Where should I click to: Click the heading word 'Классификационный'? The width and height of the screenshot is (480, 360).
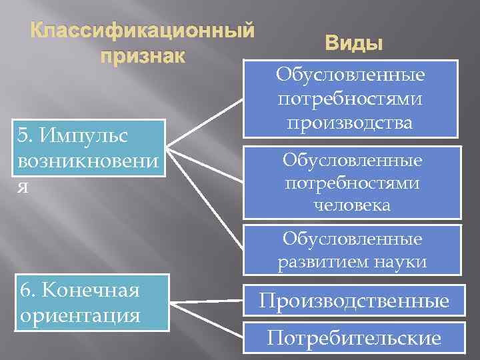coord(143,31)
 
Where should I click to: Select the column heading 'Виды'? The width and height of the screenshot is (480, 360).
coord(353,44)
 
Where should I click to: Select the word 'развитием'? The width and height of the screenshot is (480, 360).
coord(319,262)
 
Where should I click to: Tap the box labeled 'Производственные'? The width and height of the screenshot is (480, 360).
coord(353,301)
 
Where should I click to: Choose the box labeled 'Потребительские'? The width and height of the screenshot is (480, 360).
coord(353,339)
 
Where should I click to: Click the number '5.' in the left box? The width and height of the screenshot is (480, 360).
coord(27,135)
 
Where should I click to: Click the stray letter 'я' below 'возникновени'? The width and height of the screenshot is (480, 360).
coord(23,187)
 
